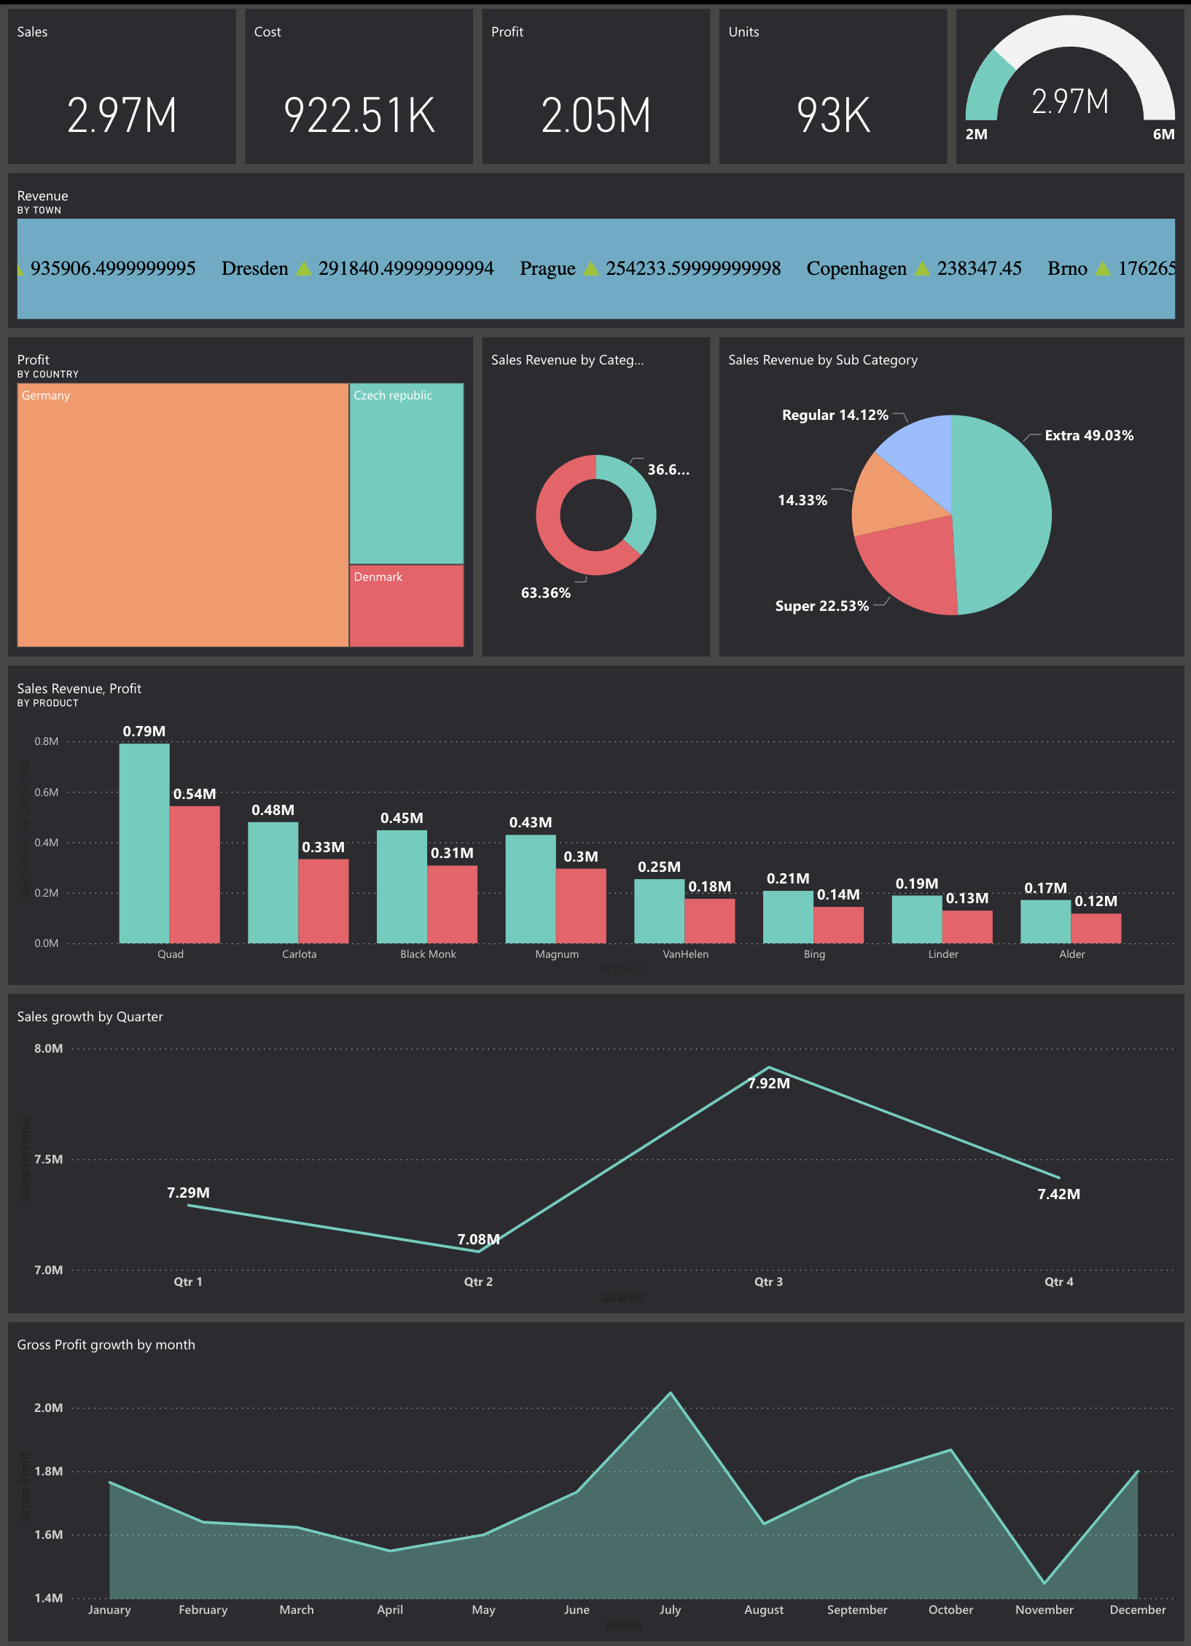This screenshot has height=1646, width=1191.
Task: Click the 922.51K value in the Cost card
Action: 359,115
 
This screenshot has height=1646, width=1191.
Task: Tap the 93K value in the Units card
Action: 833,115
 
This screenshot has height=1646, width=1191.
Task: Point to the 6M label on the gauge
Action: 1163,134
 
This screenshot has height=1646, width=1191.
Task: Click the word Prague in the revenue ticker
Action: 547,268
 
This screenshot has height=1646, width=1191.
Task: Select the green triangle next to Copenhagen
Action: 922,268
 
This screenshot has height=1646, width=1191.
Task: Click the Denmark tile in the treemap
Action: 407,605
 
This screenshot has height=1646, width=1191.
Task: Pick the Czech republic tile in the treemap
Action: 407,474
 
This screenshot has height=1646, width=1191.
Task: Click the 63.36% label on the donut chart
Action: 545,593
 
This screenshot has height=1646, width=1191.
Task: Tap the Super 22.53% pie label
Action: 821,606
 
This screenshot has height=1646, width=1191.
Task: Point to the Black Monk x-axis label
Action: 428,954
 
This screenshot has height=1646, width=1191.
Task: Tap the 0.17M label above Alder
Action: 1045,888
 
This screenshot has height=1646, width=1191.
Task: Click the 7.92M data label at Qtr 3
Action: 768,1083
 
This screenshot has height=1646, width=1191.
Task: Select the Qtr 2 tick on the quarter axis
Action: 478,1282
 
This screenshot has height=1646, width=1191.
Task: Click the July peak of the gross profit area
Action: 671,1394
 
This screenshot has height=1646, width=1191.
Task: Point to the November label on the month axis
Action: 1044,1610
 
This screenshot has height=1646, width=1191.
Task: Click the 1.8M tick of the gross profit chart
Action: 48,1471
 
